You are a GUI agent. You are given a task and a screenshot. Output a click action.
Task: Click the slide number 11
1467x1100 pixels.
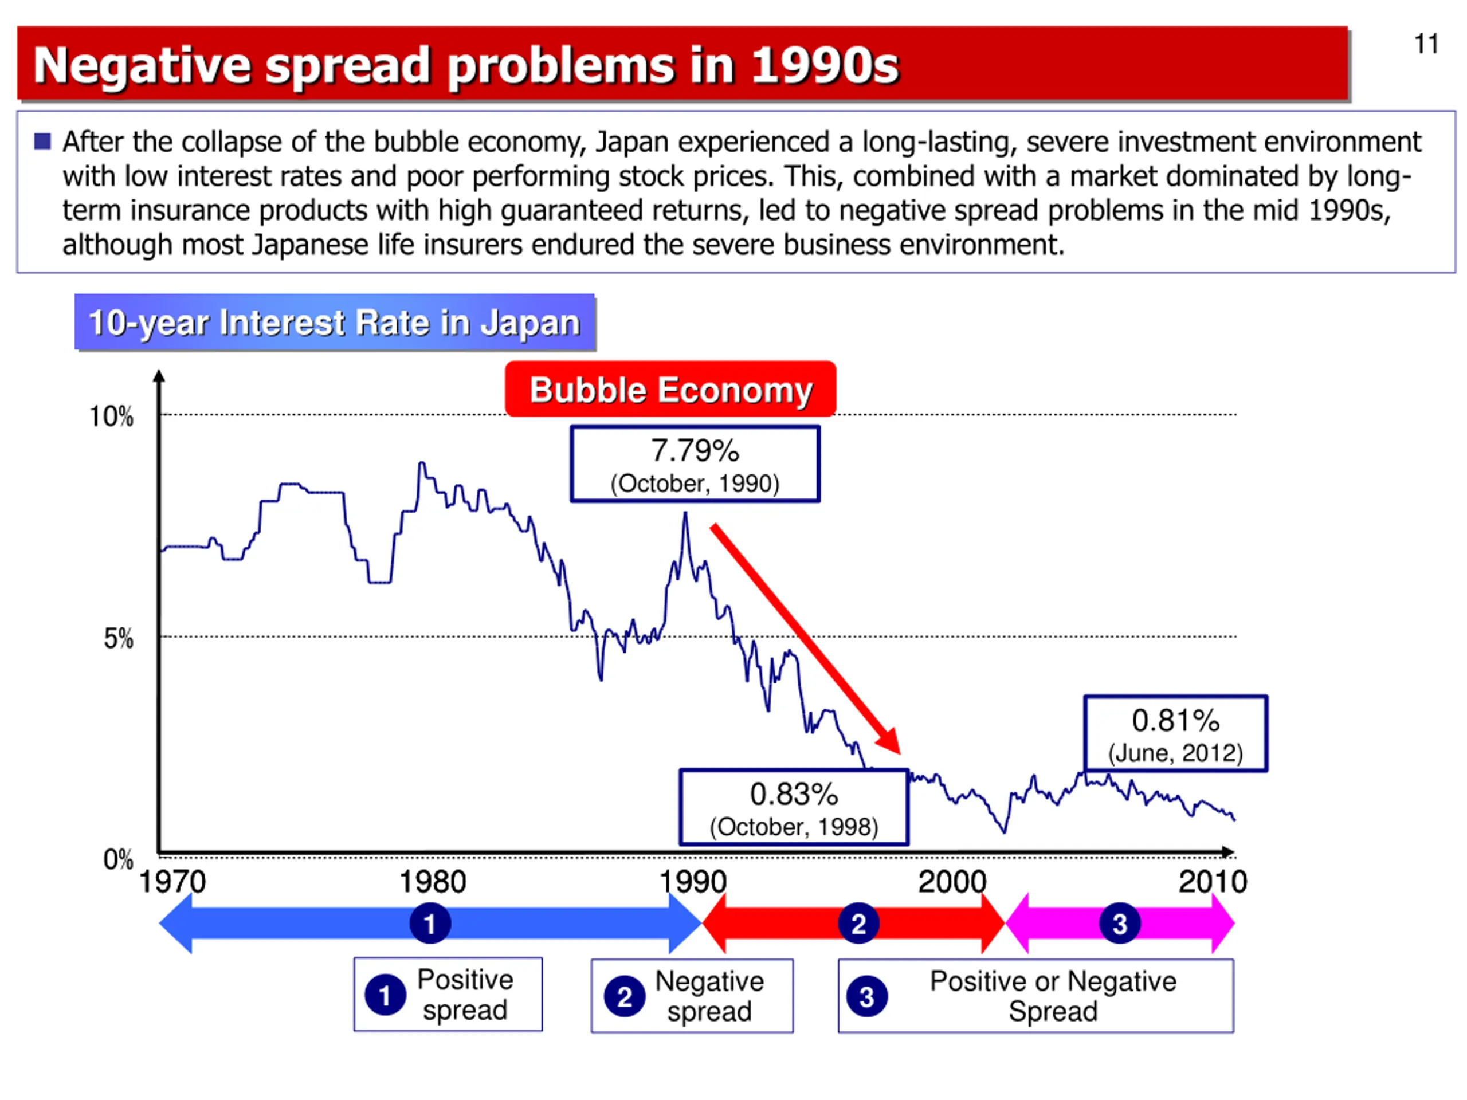pos(1426,45)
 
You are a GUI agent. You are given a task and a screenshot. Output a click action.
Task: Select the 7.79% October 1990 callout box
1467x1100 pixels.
pos(695,464)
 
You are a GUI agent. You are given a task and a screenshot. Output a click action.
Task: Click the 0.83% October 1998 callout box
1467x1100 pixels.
pos(793,807)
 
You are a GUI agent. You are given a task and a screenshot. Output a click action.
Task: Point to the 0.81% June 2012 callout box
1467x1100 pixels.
pos(1175,733)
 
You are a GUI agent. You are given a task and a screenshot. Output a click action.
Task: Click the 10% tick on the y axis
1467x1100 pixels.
pos(111,417)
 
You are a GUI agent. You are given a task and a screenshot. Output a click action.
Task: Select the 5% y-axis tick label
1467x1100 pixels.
pos(118,639)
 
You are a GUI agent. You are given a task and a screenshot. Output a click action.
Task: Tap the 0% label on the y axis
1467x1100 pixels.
pos(118,859)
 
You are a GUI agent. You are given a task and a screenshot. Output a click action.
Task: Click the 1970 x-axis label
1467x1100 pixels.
pos(172,882)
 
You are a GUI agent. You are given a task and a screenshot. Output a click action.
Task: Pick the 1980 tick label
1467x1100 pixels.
pos(433,882)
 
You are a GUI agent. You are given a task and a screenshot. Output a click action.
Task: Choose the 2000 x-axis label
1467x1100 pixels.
pos(952,882)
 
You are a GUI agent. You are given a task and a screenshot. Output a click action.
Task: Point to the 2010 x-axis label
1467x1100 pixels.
pos(1213,882)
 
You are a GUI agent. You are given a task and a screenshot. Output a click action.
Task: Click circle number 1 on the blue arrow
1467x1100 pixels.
pos(430,923)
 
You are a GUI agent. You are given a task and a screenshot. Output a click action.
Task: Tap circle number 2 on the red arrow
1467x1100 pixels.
pos(858,923)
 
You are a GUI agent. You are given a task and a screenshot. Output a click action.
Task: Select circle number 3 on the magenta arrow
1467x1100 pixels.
pos(1120,923)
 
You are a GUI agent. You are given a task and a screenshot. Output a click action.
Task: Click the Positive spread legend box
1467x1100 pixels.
pos(448,994)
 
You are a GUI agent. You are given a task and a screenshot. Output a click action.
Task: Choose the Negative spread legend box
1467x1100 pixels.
pos(692,996)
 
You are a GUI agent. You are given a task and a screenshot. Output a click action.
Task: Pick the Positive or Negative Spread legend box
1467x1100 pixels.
pos(1035,996)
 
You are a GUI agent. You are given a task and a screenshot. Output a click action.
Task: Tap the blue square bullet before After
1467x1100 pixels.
pos(42,142)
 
